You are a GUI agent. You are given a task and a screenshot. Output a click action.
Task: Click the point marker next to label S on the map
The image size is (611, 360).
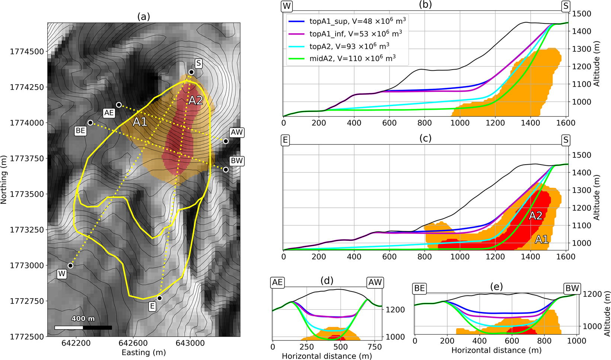pyautogui.click(x=191, y=72)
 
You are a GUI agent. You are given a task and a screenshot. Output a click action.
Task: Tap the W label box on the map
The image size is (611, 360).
pyautogui.click(x=62, y=274)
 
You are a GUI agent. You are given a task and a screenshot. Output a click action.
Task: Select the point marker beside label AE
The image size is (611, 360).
pyautogui.click(x=119, y=105)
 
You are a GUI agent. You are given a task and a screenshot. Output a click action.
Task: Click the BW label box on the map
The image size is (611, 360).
pyautogui.click(x=237, y=161)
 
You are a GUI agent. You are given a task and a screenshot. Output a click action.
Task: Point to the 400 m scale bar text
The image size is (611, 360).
pyautogui.click(x=83, y=319)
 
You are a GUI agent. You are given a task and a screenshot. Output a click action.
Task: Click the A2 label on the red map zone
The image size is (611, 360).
pyautogui.click(x=195, y=101)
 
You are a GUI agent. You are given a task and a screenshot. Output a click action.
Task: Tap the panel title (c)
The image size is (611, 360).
pyautogui.click(x=425, y=138)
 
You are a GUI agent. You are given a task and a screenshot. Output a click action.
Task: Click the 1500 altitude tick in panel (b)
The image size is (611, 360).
pyautogui.click(x=581, y=14)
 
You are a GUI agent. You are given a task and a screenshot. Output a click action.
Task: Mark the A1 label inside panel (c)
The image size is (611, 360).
pyautogui.click(x=541, y=240)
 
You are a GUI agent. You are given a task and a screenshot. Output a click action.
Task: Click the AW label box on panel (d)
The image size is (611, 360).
pyautogui.click(x=375, y=283)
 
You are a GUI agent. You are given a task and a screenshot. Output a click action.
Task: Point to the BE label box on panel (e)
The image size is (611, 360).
pyautogui.click(x=420, y=289)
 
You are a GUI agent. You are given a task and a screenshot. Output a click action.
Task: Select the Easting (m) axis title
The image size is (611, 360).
pyautogui.click(x=144, y=352)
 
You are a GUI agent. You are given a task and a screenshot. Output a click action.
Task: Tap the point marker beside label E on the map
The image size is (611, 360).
pyautogui.click(x=160, y=298)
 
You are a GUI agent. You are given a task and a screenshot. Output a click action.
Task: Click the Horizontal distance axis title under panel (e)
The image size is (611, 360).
pyautogui.click(x=496, y=350)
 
